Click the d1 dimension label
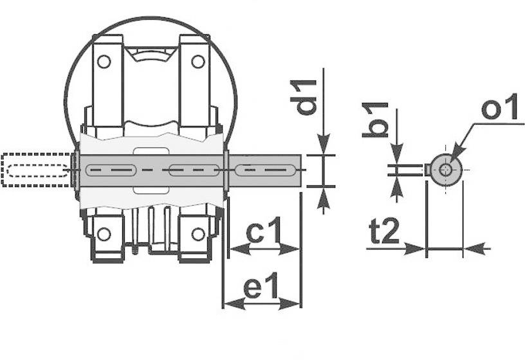point(307,97)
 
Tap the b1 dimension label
point(375,119)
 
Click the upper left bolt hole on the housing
point(103,62)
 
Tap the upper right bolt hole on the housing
point(198,62)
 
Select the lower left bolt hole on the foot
point(104,233)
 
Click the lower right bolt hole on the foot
point(198,233)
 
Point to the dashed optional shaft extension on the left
point(37,170)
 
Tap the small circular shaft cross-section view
point(446,170)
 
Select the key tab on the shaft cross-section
point(427,170)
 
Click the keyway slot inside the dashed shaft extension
point(37,170)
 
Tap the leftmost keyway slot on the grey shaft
point(110,170)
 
